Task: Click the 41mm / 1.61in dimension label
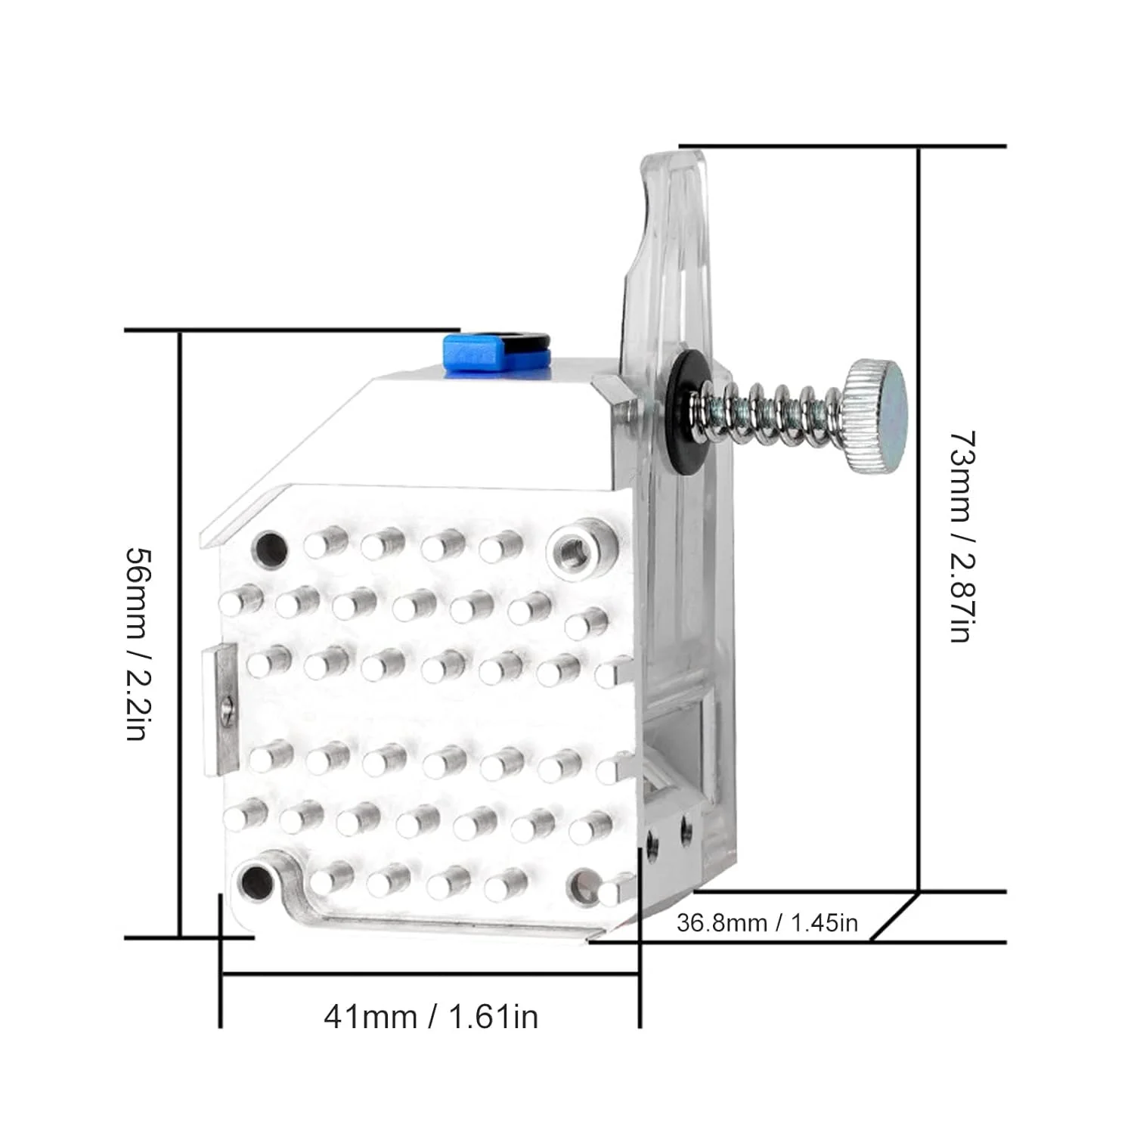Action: [x=431, y=1016]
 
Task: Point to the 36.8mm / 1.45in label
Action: [x=767, y=923]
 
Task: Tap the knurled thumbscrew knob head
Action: [x=877, y=415]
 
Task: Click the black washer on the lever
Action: [x=684, y=412]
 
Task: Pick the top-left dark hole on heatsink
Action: [x=271, y=550]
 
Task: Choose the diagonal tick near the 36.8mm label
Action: [x=894, y=917]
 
